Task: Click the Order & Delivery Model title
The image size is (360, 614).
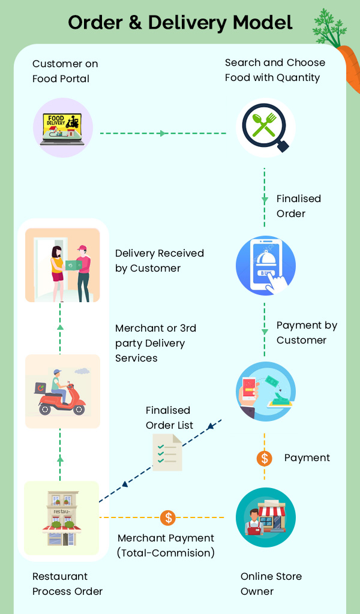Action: coord(180,23)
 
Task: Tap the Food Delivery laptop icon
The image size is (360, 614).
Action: coord(62,128)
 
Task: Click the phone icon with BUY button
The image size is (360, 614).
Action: coord(266,266)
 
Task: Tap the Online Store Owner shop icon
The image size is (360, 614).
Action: coord(266,517)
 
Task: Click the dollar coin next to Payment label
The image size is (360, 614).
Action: coord(265,458)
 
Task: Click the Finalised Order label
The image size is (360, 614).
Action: coord(298,206)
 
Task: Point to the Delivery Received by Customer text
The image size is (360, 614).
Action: coord(160,261)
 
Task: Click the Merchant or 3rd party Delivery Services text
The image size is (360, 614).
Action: coord(155,343)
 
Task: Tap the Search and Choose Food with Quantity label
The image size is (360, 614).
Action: coord(275,70)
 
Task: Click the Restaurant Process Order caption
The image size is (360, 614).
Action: coord(67,584)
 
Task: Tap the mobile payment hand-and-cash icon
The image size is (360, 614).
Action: coord(266,392)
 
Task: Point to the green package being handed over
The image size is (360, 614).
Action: coord(73,265)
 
